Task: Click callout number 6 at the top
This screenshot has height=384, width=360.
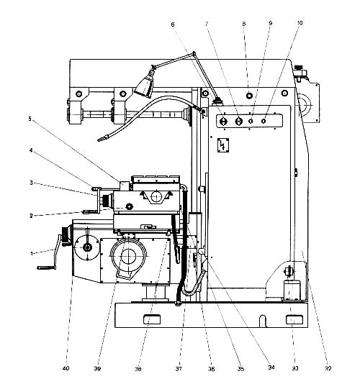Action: point(173,24)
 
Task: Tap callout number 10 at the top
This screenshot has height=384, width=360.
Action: point(300,23)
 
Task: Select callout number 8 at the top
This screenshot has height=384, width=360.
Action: point(244,24)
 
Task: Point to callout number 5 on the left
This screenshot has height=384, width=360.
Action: point(30,119)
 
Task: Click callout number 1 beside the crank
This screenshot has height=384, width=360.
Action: point(32,253)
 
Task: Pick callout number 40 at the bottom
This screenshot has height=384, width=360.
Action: point(66,368)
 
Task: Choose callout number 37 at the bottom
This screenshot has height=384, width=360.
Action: point(179,369)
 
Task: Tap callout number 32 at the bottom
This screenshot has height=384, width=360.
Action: point(328,368)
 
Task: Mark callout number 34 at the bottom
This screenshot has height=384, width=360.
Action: point(271,367)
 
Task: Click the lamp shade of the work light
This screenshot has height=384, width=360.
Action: point(145,84)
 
